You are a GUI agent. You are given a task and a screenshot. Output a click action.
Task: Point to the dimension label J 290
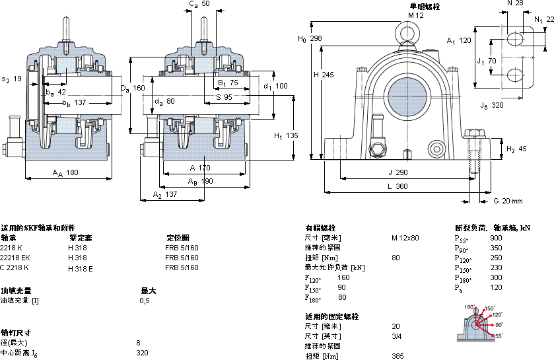pyautogui.click(x=398, y=172)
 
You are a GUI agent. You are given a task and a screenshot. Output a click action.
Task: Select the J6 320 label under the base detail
pyautogui.click(x=492, y=104)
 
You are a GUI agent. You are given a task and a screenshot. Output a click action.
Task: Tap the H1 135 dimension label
pyautogui.click(x=286, y=135)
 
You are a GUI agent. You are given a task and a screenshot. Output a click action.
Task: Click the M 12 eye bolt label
pyautogui.click(x=415, y=15)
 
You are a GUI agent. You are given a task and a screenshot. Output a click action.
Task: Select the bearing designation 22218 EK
pyautogui.click(x=16, y=258)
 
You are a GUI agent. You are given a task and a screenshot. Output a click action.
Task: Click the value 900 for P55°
pyautogui.click(x=496, y=238)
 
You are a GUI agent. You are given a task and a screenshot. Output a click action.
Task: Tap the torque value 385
pyautogui.click(x=398, y=356)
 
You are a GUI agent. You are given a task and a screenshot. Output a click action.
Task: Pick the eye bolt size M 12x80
pyautogui.click(x=405, y=238)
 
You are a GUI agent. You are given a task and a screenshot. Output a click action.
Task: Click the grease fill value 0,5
pyautogui.click(x=145, y=301)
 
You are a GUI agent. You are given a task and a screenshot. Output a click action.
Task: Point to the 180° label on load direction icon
pyautogui.click(x=469, y=307)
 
